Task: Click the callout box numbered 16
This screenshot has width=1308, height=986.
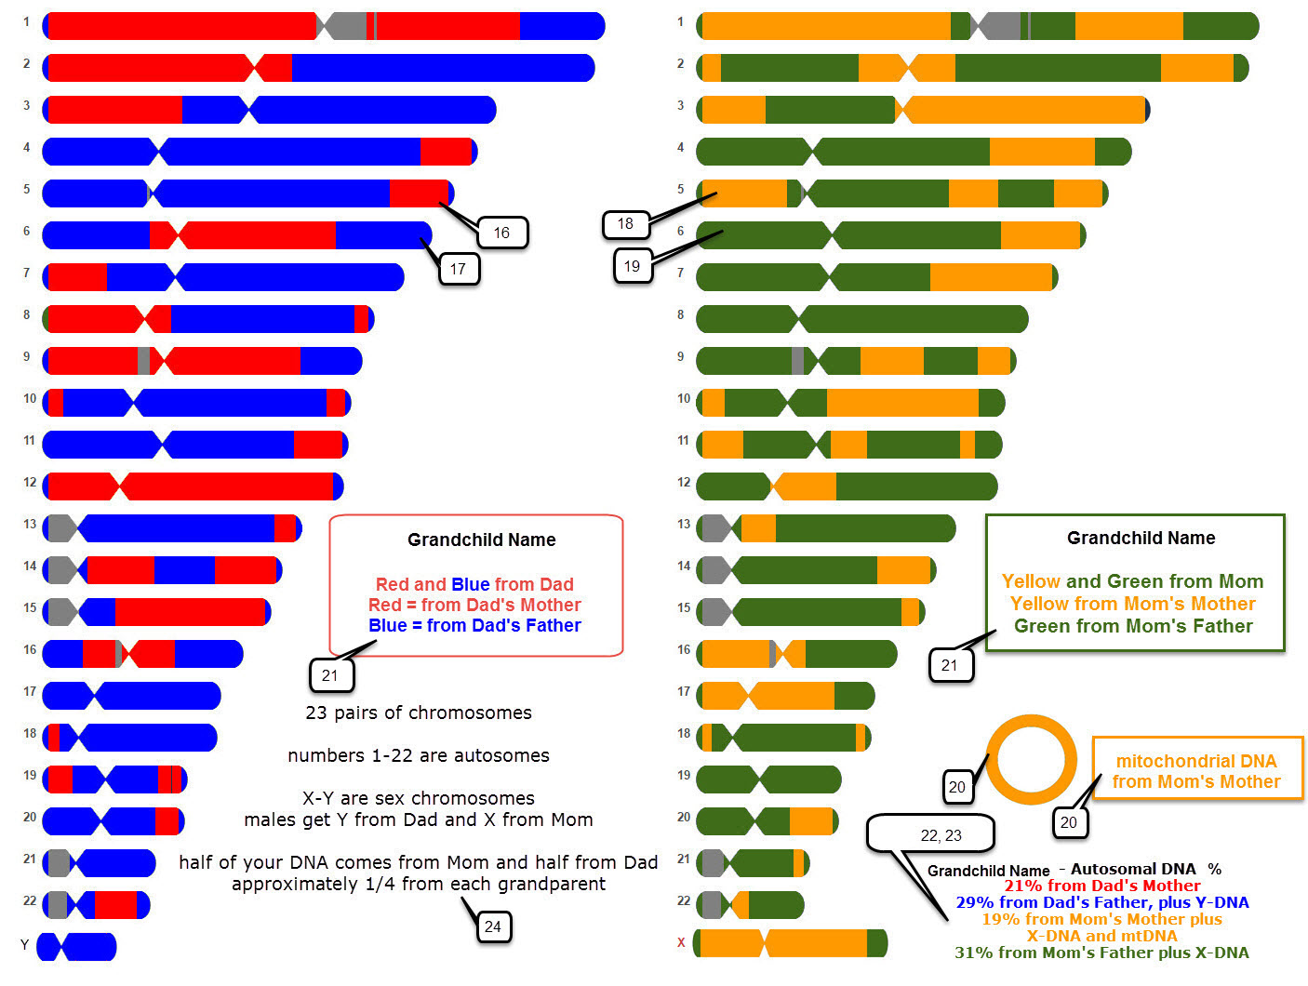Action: click(x=501, y=233)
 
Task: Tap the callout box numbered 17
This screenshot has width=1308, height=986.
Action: click(x=458, y=269)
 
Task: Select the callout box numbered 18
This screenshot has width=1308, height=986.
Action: click(x=625, y=223)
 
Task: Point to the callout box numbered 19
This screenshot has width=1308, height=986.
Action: click(x=632, y=266)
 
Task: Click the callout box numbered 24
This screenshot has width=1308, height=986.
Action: click(x=493, y=926)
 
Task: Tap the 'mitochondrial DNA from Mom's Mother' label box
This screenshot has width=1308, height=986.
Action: click(x=1196, y=771)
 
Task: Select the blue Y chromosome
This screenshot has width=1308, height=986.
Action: click(x=77, y=947)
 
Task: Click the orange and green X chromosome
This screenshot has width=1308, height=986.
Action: click(x=791, y=942)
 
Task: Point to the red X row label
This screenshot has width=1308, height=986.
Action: click(x=681, y=942)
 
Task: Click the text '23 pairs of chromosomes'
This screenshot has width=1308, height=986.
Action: click(x=419, y=713)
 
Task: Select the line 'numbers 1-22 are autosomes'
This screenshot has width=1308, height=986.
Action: click(x=419, y=755)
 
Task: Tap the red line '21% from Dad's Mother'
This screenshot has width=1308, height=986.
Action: click(x=1101, y=886)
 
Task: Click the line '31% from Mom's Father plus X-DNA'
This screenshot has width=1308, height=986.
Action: click(x=1101, y=953)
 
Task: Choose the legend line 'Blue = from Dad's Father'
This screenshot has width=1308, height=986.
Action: click(x=474, y=625)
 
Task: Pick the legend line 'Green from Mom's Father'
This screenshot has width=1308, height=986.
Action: click(x=1133, y=626)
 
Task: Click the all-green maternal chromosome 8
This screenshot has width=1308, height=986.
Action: click(x=861, y=319)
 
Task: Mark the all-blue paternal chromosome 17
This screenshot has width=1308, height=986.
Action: click(x=131, y=696)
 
